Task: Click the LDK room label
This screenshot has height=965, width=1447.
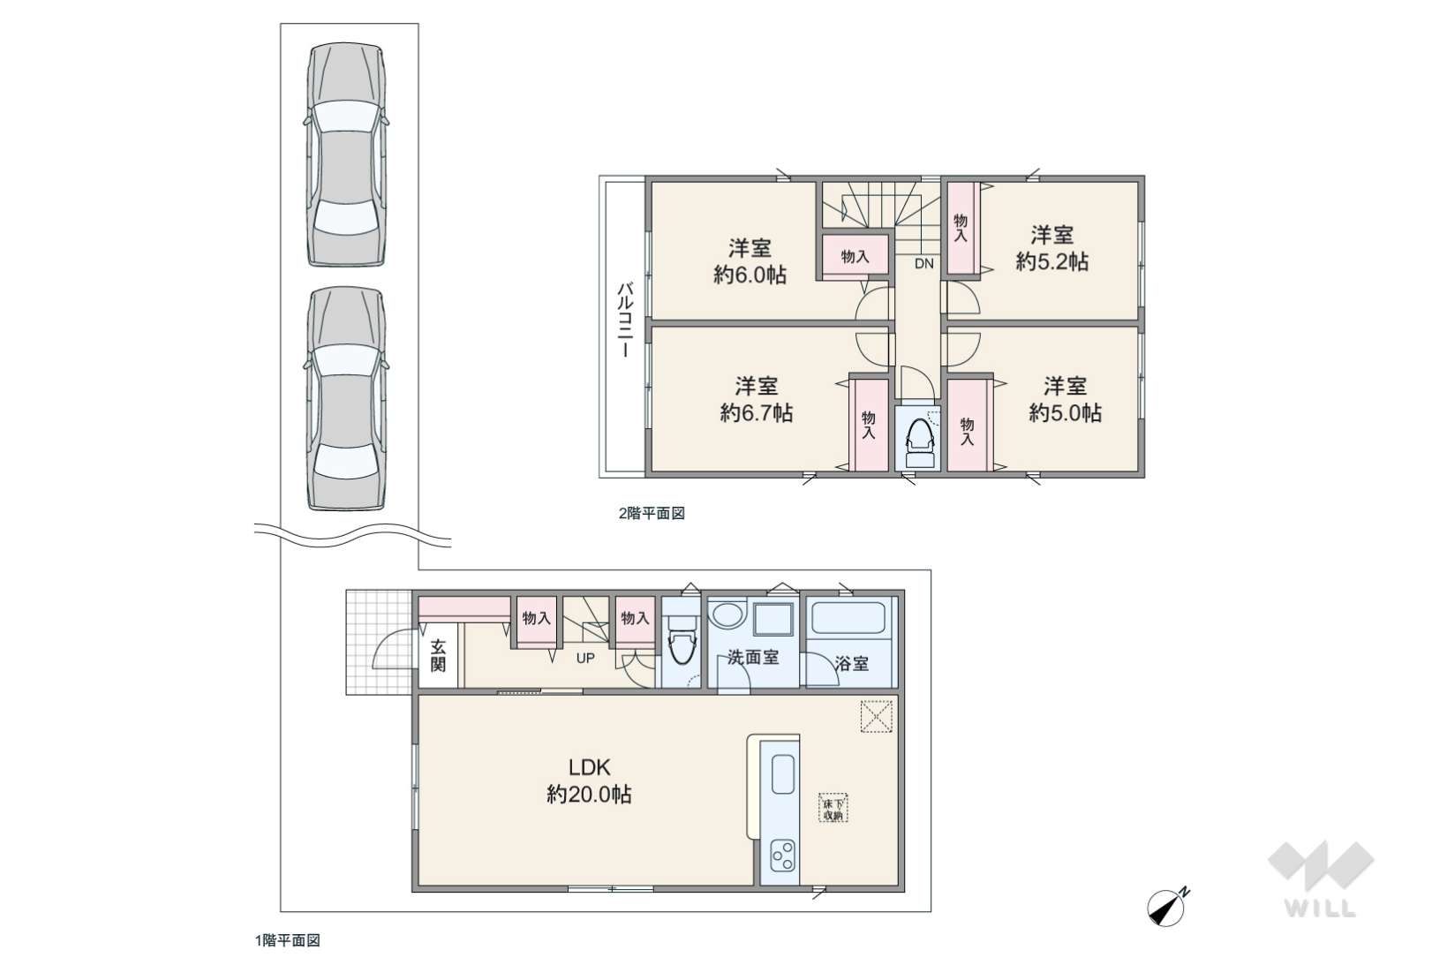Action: pyautogui.click(x=589, y=767)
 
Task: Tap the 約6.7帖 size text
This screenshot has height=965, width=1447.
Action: pyautogui.click(x=757, y=412)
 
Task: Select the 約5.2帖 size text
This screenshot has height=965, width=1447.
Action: pyautogui.click(x=1052, y=261)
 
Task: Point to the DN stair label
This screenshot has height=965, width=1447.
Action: pyautogui.click(x=924, y=263)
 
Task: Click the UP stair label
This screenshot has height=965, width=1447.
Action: pyautogui.click(x=585, y=658)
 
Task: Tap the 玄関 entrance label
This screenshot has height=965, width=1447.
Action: pyautogui.click(x=439, y=656)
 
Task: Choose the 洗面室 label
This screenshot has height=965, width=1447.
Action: pyautogui.click(x=753, y=658)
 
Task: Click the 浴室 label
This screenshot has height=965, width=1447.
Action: pyautogui.click(x=851, y=663)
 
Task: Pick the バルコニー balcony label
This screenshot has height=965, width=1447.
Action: pyautogui.click(x=625, y=320)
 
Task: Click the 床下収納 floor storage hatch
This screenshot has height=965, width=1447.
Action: pyautogui.click(x=833, y=807)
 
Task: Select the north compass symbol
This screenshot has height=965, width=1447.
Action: pyautogui.click(x=1168, y=906)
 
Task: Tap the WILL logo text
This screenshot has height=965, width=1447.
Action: pyautogui.click(x=1321, y=908)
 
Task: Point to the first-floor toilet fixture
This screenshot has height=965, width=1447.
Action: pyautogui.click(x=681, y=639)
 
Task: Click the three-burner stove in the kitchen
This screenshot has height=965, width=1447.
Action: pyautogui.click(x=783, y=856)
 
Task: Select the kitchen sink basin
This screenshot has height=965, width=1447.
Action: pyautogui.click(x=783, y=774)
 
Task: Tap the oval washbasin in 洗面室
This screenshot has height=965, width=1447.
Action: pyautogui.click(x=728, y=614)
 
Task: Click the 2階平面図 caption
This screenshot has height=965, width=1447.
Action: pyautogui.click(x=652, y=514)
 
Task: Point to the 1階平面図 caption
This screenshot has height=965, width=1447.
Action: pyautogui.click(x=288, y=940)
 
